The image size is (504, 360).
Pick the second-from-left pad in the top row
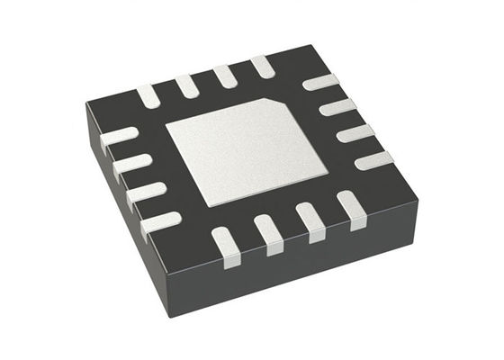[187, 85]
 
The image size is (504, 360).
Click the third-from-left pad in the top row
[225, 76]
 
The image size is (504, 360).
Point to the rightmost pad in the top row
[262, 66]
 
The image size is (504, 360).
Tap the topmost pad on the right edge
[319, 82]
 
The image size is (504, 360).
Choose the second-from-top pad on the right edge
[337, 107]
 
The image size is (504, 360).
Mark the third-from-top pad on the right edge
[355, 133]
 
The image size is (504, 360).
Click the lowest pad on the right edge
[373, 161]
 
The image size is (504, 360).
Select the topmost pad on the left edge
[119, 138]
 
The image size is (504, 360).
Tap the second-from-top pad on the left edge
[132, 164]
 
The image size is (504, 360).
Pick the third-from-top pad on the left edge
[146, 193]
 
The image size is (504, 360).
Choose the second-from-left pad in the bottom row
[268, 231]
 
